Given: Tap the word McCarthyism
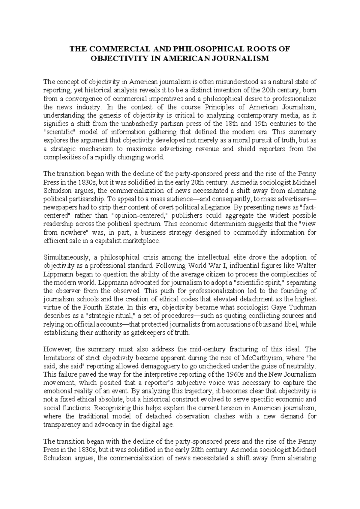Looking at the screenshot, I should click(x=268, y=358).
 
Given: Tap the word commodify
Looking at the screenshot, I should click(x=247, y=233).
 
